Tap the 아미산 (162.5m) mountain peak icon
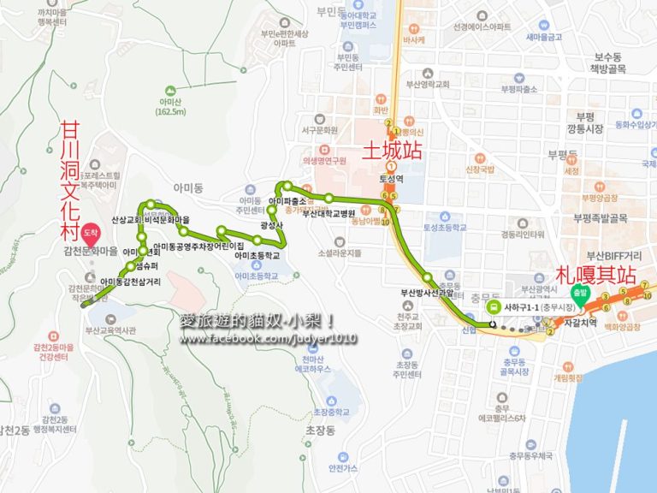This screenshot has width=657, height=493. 171,90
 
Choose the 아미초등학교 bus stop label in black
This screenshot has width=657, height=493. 257,255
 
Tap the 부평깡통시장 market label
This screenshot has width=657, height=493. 585,122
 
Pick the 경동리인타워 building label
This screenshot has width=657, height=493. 524,234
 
